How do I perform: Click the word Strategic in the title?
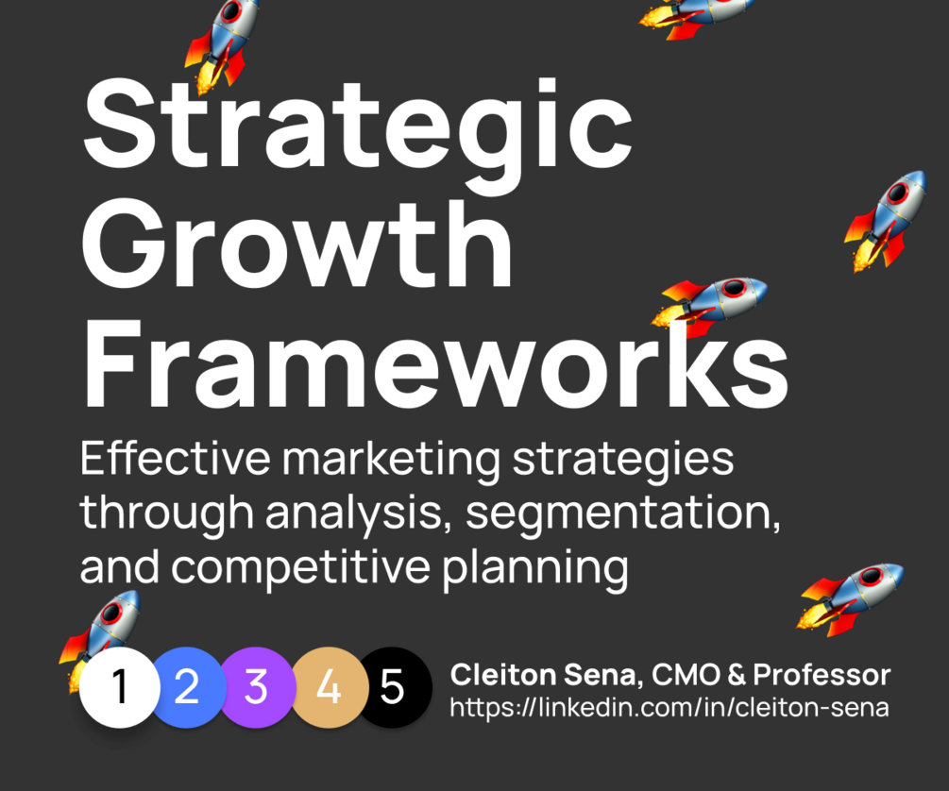(357, 130)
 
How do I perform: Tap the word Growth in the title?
(297, 244)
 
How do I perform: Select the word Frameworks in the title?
(435, 362)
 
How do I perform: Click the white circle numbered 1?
(120, 687)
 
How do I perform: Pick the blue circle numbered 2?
(188, 687)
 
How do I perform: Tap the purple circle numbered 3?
(257, 687)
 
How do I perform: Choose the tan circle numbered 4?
(330, 687)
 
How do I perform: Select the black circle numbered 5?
(394, 687)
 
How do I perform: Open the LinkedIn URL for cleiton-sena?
(669, 708)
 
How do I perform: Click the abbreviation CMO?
(686, 675)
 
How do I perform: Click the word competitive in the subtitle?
(301, 568)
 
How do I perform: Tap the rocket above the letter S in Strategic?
(223, 44)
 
